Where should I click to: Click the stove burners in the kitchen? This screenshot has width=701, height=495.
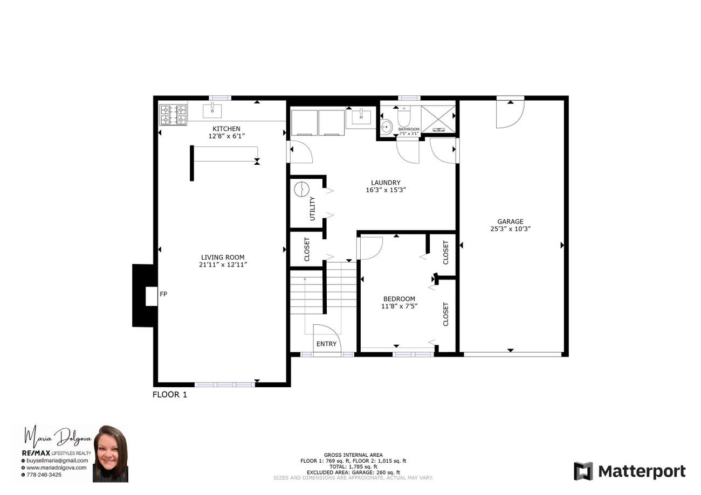point(173,115)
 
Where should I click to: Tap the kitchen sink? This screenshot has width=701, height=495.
point(212,111)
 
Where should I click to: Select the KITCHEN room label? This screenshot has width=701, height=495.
point(226,129)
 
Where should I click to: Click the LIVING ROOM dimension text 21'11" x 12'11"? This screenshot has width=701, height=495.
point(223,265)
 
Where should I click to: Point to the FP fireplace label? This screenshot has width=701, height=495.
point(163,294)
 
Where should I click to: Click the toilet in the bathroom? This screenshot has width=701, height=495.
point(404,116)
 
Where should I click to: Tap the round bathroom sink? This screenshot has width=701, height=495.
point(387,127)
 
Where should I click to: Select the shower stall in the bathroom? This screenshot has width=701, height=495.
point(438,118)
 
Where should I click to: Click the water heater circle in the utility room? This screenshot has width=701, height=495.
point(301,189)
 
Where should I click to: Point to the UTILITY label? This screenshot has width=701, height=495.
point(312,209)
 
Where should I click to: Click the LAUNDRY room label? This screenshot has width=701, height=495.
point(386,183)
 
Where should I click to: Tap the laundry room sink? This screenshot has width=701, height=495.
point(361,117)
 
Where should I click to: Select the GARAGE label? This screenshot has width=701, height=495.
point(510,221)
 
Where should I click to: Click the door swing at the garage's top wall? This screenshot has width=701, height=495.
point(510,114)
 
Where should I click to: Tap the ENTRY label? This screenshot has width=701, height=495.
point(326,344)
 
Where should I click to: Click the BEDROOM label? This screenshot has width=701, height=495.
point(399,299)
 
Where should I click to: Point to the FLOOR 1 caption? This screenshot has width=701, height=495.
point(170,395)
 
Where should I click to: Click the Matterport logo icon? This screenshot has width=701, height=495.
point(583,471)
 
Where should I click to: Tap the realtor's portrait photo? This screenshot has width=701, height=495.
point(111,454)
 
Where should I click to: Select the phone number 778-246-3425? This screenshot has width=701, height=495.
point(44,475)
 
